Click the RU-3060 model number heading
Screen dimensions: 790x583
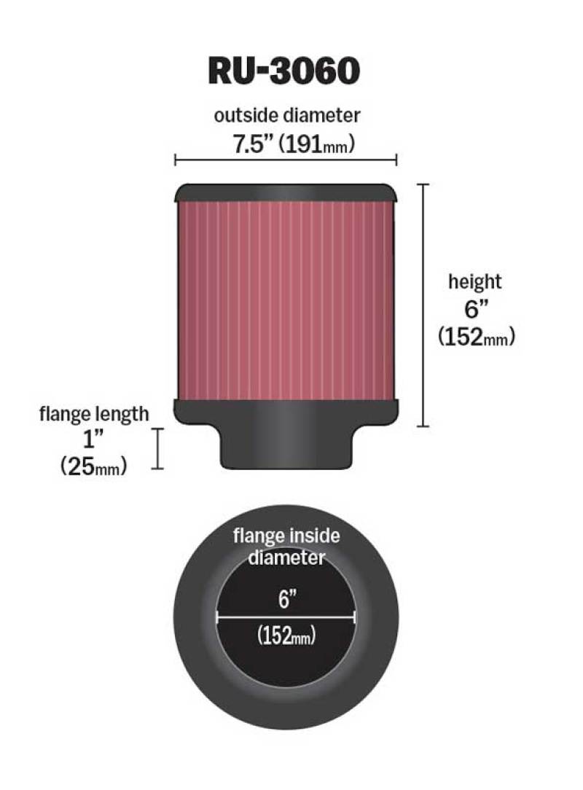coord(283,71)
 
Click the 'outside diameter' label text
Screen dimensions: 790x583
coord(287,114)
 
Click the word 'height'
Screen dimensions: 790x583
coord(474,281)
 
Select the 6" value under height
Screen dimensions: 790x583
coord(476,308)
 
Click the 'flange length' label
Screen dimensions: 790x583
coord(94,414)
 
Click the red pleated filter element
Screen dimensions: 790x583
coord(285,300)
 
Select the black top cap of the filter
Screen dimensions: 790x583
coord(285,192)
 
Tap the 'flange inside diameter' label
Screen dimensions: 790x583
coord(286,547)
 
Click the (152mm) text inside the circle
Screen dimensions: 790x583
coord(286,635)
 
